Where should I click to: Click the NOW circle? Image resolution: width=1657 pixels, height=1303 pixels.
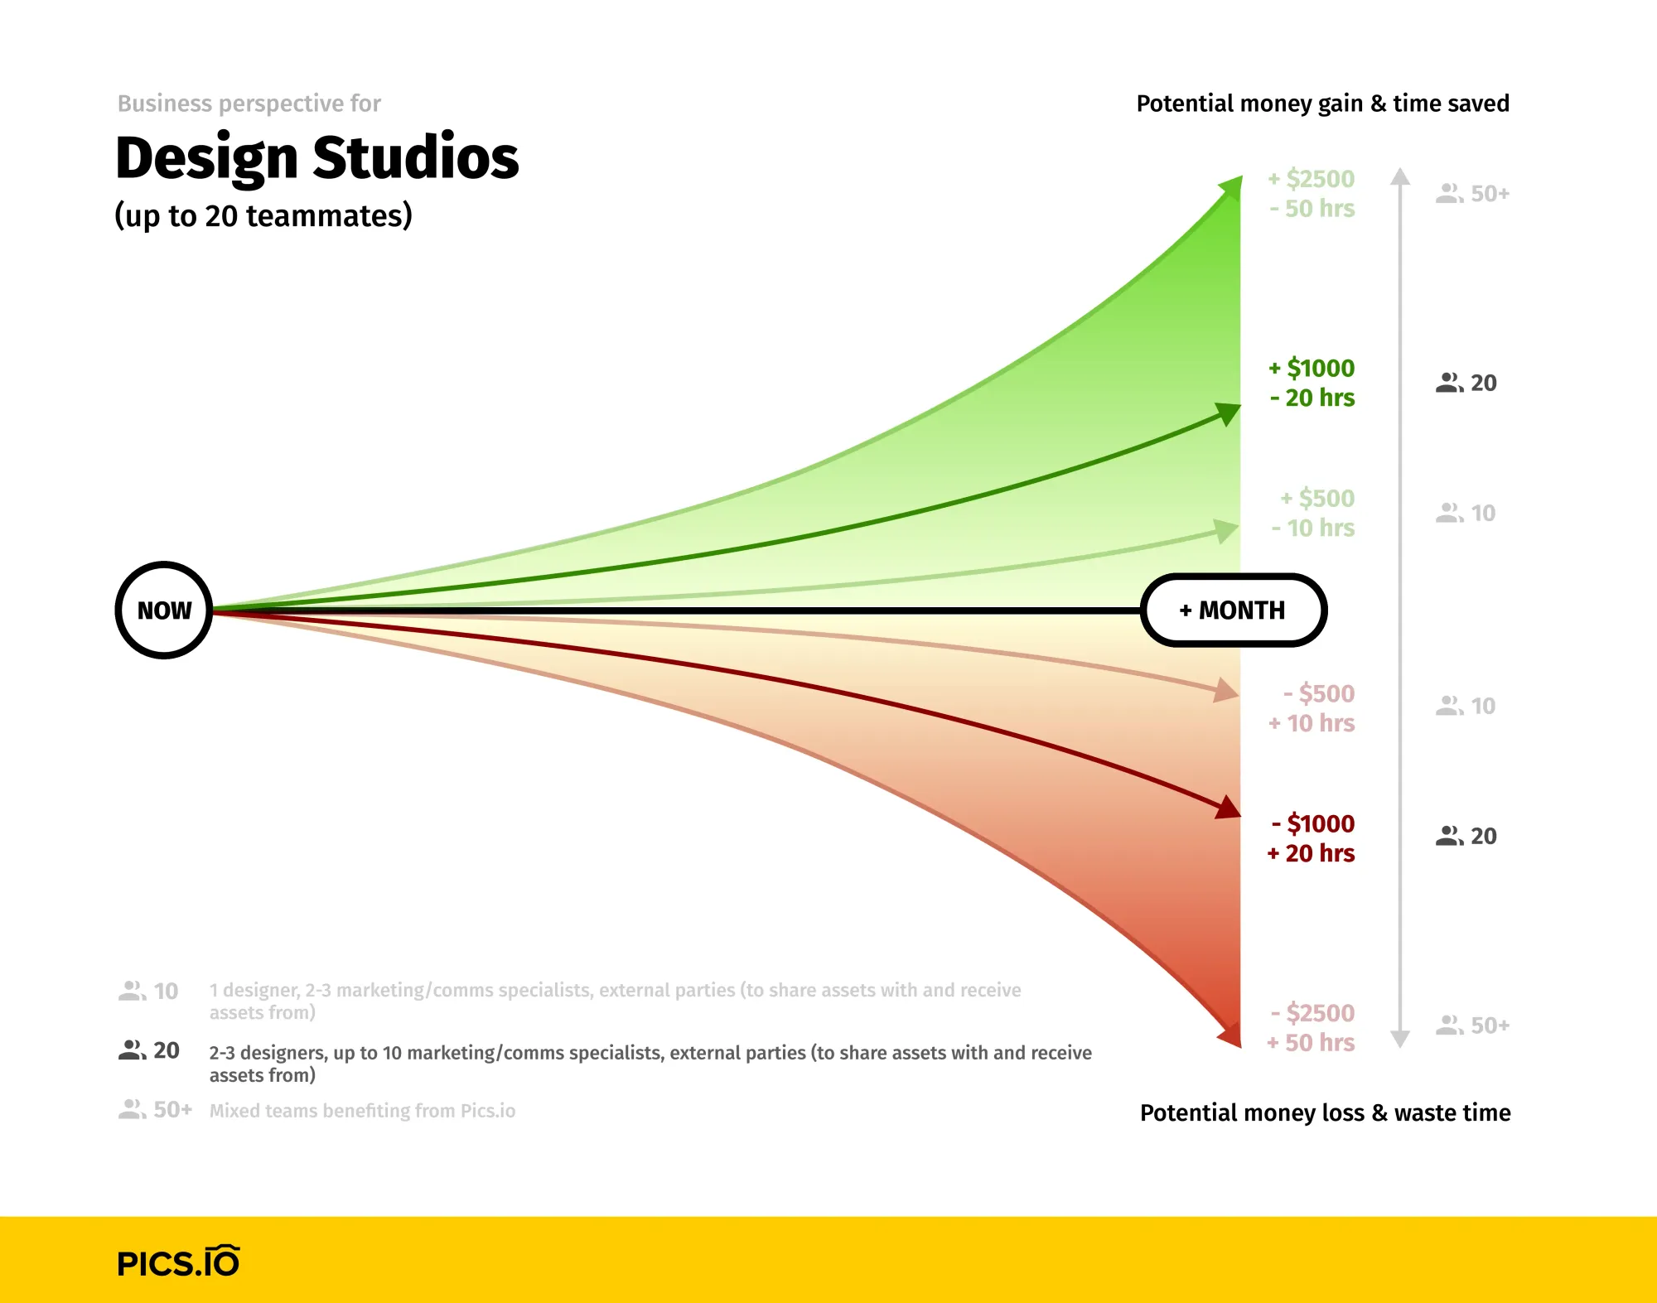(x=164, y=610)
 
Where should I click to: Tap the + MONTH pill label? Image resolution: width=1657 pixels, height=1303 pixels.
(x=1234, y=610)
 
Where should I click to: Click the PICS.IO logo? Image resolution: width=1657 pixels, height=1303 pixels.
(x=178, y=1262)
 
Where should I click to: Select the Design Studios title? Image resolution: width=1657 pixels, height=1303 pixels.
(x=317, y=157)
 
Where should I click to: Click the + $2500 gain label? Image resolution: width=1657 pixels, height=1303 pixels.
(x=1312, y=179)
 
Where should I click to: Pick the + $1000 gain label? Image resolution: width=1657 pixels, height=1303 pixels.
(x=1312, y=368)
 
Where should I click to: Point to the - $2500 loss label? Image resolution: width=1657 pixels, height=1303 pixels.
(x=1312, y=1013)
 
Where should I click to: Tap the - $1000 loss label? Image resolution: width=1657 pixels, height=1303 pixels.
(x=1313, y=823)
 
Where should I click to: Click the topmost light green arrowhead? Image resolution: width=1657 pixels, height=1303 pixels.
(x=1230, y=187)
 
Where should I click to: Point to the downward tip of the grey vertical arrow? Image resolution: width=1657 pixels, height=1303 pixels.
(x=1400, y=1041)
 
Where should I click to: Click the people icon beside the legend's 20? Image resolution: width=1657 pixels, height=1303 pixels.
(x=132, y=1050)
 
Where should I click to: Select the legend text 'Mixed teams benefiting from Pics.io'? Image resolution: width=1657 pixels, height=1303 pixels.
(x=362, y=1111)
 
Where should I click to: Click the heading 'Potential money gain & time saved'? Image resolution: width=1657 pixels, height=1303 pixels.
(x=1322, y=104)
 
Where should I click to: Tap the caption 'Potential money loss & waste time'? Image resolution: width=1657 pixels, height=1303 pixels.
(x=1325, y=1112)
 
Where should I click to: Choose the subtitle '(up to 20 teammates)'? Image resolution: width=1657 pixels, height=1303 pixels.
(x=263, y=215)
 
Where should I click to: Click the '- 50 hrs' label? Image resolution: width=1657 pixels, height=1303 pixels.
(x=1312, y=209)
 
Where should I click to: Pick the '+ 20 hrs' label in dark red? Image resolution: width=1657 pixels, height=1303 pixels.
(x=1311, y=853)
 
